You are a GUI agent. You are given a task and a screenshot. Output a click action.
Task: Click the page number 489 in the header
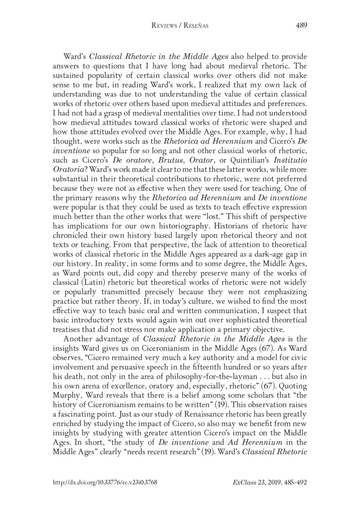[x=301, y=25]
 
